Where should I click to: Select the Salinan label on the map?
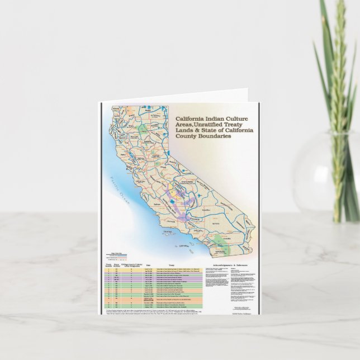tap(159, 206)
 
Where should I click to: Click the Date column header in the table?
tap(148, 266)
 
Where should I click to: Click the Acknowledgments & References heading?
tap(226, 266)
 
